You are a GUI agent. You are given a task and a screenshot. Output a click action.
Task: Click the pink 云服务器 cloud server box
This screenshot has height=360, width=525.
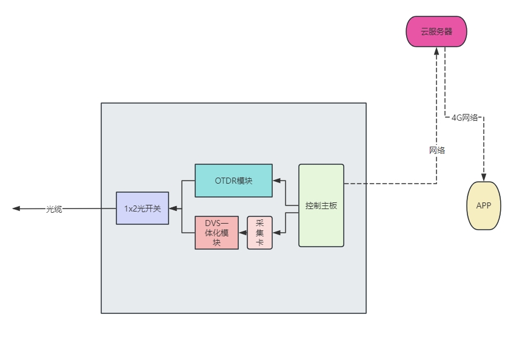point(436,32)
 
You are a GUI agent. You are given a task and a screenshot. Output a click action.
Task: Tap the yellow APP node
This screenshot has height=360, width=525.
point(484,205)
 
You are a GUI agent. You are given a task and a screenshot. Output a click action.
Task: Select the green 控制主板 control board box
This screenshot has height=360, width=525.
point(321,205)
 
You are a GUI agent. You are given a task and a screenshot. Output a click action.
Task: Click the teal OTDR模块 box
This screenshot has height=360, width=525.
point(233,181)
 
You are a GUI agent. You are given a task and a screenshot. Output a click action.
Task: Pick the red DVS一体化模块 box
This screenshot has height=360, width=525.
point(217,233)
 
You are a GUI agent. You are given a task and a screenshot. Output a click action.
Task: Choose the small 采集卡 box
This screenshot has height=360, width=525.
point(259,233)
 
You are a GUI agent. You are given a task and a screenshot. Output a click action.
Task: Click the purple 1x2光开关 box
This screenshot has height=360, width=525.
point(142,208)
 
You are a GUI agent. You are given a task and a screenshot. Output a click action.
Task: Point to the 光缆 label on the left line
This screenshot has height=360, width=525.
point(55,209)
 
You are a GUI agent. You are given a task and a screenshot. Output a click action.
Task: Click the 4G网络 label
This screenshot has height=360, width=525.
point(465,118)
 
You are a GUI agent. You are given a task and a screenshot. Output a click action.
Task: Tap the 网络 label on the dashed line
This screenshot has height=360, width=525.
point(436,150)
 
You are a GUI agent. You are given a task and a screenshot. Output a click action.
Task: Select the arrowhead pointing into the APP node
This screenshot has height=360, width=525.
point(484,176)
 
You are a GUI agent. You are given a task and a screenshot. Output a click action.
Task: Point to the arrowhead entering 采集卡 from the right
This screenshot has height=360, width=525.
point(276,233)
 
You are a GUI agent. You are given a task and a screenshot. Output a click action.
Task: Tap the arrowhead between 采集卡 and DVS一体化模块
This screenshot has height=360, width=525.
point(242,233)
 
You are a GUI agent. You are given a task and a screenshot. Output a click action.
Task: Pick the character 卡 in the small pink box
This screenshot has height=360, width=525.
point(259,242)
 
